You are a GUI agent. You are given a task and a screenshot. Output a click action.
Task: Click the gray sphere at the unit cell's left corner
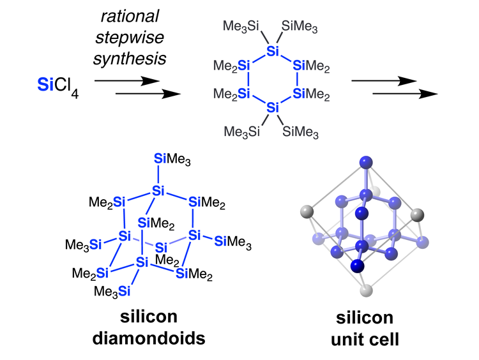308,211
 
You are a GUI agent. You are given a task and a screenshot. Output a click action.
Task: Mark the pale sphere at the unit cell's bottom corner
365,291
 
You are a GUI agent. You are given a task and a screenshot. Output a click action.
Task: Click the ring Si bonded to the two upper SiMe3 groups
272,51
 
